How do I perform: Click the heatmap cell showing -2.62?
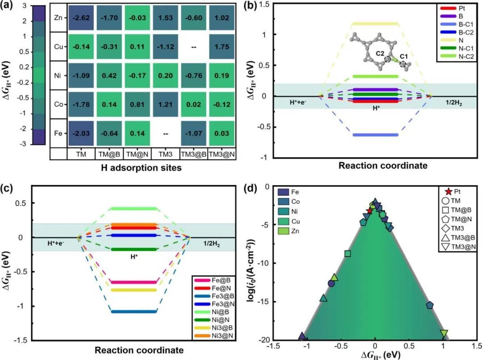pos(81,18)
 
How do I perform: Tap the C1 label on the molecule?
pos(403,57)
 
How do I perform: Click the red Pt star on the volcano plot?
pos(369,211)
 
